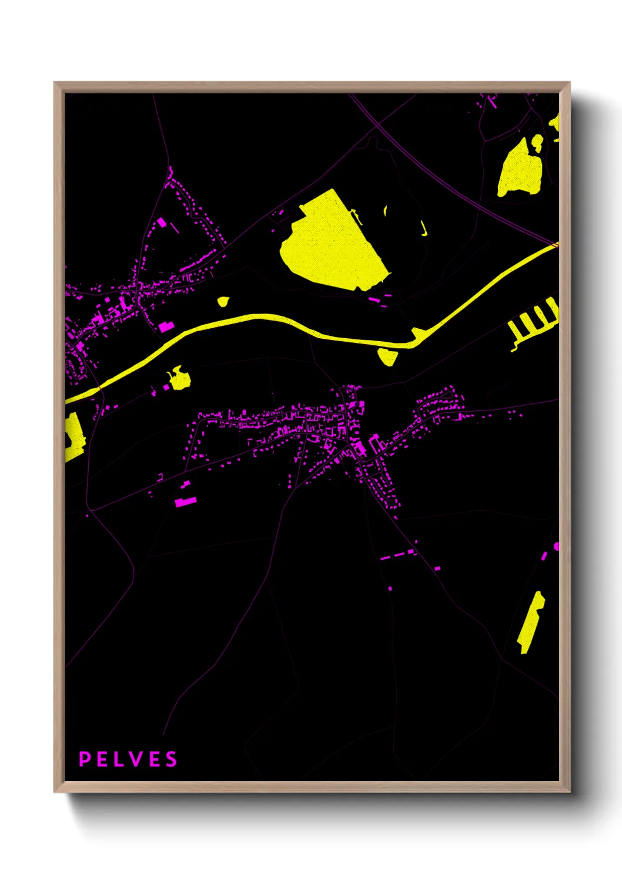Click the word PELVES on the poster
tap(128, 759)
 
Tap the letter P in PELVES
tap(85, 759)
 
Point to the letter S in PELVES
tap(170, 759)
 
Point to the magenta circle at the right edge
tap(557, 547)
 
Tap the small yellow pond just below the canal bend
tap(387, 356)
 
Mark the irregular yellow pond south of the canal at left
tap(178, 379)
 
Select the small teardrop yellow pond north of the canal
tap(223, 302)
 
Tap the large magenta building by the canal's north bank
tap(166, 326)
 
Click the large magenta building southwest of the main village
tap(185, 501)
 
